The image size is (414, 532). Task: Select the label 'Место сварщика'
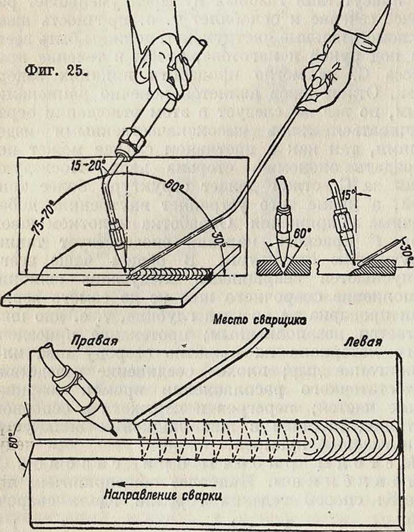click(x=259, y=320)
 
